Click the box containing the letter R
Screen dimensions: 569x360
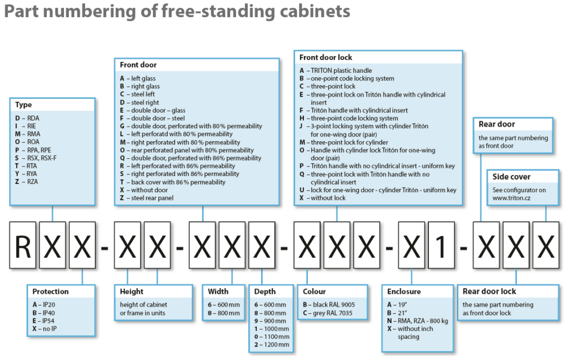pos(23,246)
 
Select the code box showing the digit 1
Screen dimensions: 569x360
pos(442,246)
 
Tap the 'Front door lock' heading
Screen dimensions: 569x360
pos(326,57)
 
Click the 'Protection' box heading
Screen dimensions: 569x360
pos(51,292)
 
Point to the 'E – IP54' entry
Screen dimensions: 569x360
pos(43,321)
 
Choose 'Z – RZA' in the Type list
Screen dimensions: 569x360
pos(27,182)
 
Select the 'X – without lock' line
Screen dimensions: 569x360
pos(322,198)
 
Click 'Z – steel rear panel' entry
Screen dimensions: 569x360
pos(147,198)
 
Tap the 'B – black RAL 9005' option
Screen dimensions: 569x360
pos(329,304)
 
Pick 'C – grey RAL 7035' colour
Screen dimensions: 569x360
pos(328,313)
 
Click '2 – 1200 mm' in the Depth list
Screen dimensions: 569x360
pos(272,344)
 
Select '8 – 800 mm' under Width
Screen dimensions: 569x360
pos(223,313)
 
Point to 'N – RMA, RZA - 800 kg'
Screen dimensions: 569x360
pos(417,321)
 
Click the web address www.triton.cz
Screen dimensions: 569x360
pos(511,198)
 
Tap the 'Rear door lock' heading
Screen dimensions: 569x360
pos(489,292)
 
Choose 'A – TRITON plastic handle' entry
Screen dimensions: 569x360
pos(336,71)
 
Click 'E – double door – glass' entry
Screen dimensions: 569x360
pos(152,111)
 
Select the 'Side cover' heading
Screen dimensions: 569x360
pos(511,177)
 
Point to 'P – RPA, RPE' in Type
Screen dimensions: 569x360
pos(33,150)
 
